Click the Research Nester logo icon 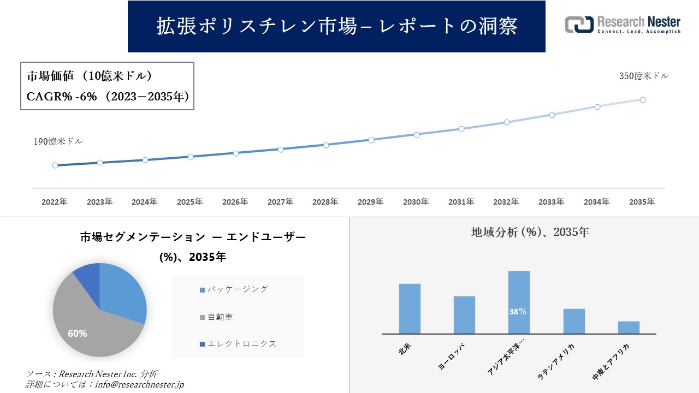point(579,25)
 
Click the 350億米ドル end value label point(643,76)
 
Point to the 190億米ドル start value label point(58,141)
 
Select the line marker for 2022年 point(55,165)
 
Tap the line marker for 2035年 point(643,100)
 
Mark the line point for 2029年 point(371,140)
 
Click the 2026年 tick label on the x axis point(235,202)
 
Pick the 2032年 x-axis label point(506,202)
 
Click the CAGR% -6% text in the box point(62,97)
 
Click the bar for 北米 point(410,308)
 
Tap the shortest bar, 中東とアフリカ point(629,327)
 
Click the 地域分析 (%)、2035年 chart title point(530,232)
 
